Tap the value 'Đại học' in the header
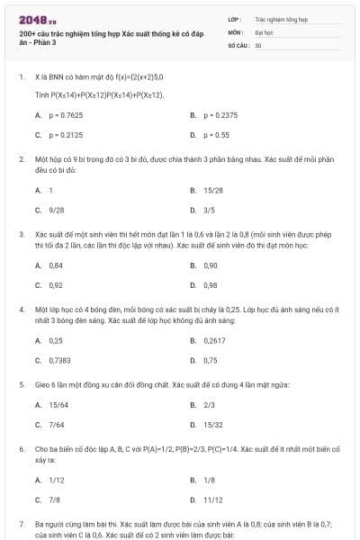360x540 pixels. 263,31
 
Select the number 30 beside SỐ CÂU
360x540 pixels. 258,44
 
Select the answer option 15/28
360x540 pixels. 213,191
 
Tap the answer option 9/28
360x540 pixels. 56,210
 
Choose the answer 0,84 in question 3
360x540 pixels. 56,266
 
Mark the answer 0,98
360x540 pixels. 211,285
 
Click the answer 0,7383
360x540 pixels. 59,360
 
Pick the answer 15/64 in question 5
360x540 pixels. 58,406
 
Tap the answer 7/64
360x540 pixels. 56,425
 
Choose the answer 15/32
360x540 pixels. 213,425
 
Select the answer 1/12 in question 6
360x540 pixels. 56,481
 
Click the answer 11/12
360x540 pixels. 213,499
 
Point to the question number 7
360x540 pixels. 21,522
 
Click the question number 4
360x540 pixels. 21,308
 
